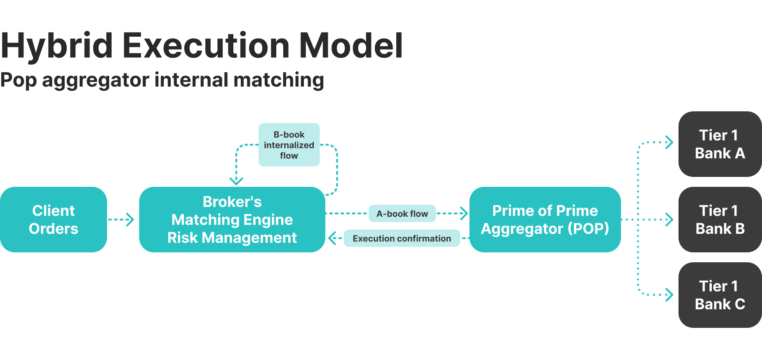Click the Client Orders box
[x=54, y=219]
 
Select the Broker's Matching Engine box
[x=232, y=219]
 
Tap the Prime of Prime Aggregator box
[x=545, y=219]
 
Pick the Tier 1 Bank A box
[x=720, y=144]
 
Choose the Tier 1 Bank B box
[x=720, y=219]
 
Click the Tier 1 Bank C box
[x=720, y=295]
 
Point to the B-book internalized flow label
[x=289, y=145]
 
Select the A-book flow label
[x=402, y=214]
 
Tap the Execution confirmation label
[x=402, y=238]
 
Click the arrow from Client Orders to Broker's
[x=121, y=219]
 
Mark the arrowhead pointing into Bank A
[x=670, y=142]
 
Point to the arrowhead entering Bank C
[x=670, y=294]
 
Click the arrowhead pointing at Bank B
[x=670, y=219]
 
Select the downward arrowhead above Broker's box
[x=236, y=181]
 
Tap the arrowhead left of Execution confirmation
[x=332, y=238]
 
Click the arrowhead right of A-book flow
[x=464, y=213]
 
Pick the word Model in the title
[x=350, y=45]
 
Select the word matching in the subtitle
[x=279, y=80]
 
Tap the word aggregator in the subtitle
[x=96, y=80]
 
